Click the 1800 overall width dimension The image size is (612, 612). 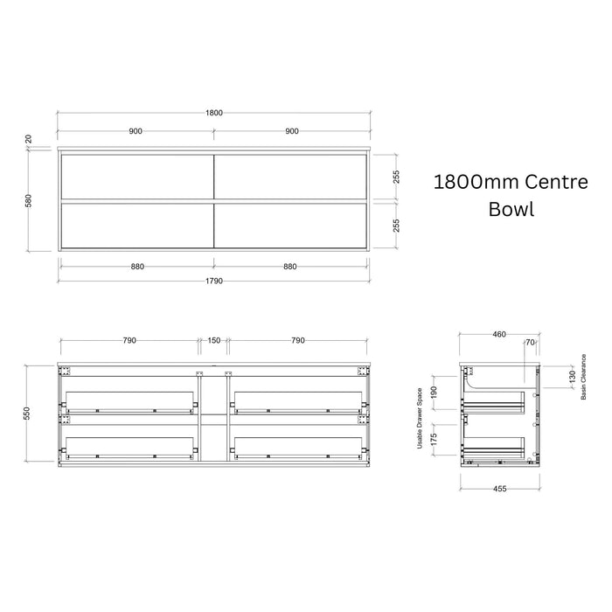[x=214, y=113]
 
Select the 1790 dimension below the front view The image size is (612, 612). [x=214, y=281]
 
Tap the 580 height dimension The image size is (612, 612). [x=29, y=200]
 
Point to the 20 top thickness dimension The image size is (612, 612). [x=29, y=139]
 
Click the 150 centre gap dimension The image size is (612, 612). [x=214, y=340]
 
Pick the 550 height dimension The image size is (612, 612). [x=26, y=414]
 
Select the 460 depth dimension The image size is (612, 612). [x=499, y=334]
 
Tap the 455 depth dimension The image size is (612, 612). [x=499, y=488]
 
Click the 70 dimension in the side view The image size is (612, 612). [x=530, y=343]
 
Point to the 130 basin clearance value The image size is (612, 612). [x=572, y=377]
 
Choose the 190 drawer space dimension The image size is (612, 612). [x=434, y=393]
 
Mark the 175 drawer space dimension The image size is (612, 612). [x=434, y=439]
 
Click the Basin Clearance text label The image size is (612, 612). [x=583, y=377]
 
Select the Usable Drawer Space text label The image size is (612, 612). [x=420, y=418]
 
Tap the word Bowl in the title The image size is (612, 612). [x=511, y=209]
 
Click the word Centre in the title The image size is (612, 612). [x=556, y=182]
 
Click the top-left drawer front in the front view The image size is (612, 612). [x=137, y=177]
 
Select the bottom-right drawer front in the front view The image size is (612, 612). [x=290, y=226]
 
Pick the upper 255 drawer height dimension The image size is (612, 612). [x=396, y=177]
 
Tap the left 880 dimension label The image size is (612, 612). [x=137, y=266]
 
